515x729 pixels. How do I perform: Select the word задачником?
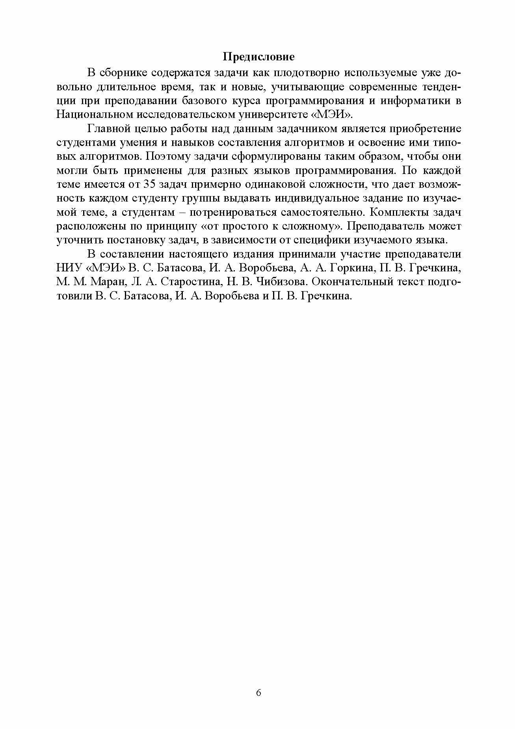307,129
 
